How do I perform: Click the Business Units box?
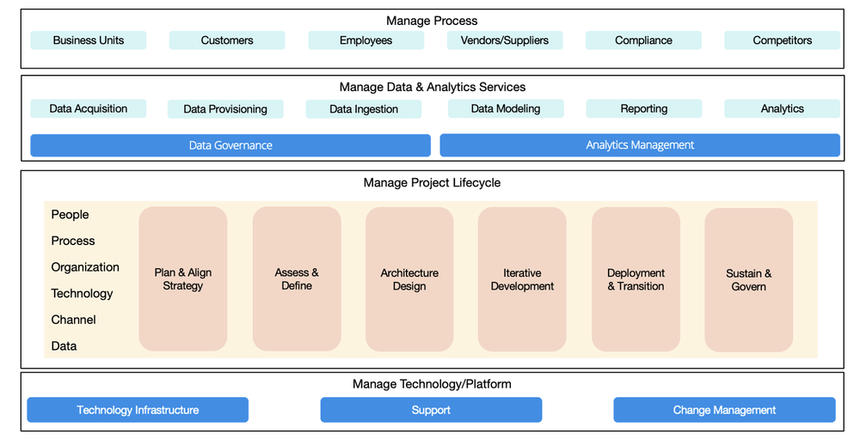88,40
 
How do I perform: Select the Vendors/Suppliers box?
504,40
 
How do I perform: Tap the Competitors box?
782,40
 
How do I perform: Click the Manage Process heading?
432,21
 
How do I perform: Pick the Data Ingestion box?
364,109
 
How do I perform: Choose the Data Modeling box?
506,108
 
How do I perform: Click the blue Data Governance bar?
230,145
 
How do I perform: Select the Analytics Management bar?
640,145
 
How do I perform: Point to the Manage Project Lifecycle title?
432,182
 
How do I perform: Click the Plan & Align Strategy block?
183,279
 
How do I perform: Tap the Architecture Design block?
409,279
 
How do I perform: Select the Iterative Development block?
522,279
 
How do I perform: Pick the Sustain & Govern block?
748,279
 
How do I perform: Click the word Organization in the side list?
85,267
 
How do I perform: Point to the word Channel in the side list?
73,320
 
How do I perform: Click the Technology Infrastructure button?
138,410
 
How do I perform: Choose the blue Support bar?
431,410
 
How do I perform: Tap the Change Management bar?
724,410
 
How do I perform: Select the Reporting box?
644,108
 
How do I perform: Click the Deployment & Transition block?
636,279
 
